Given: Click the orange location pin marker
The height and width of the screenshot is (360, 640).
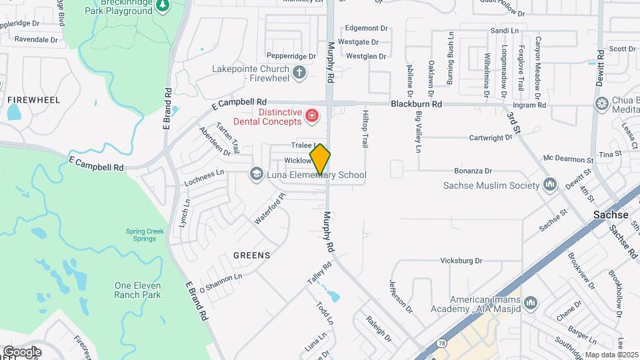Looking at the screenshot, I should tap(320, 159).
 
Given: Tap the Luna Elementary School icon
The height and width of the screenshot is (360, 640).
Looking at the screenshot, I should tap(256, 174).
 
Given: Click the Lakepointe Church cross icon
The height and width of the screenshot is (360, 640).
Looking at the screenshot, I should tap(299, 72).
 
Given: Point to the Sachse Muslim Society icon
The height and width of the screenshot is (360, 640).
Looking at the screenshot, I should tap(550, 184).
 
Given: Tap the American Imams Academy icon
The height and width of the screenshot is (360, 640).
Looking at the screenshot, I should tap(531, 304).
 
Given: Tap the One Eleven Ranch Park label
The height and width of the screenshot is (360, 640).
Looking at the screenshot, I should tap(138, 289).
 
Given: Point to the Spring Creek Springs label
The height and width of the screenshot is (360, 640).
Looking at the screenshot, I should tap(145, 235).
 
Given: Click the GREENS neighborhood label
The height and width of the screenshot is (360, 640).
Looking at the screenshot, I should tap(252, 255).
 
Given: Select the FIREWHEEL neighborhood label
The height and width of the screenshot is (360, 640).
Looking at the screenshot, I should tap(33, 100).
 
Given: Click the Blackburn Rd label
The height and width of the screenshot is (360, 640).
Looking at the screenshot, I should tap(417, 104).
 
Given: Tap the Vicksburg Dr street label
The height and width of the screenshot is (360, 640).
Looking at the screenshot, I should tap(461, 260).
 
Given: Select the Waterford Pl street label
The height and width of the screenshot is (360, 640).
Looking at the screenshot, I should tap(269, 209).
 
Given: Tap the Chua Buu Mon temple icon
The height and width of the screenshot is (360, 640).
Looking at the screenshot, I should tap(602, 103).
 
